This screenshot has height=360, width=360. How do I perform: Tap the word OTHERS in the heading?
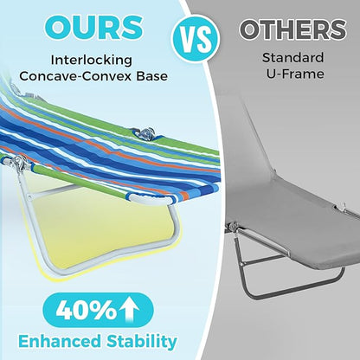(292, 29)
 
